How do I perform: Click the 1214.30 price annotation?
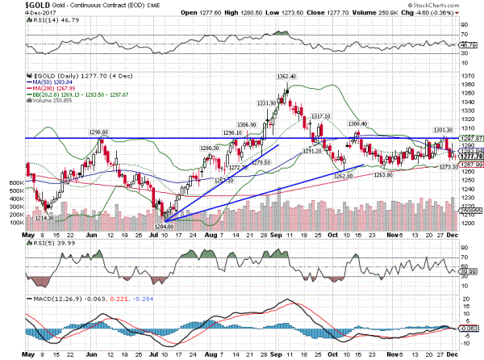pos(44,217)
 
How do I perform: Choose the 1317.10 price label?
pos(321,116)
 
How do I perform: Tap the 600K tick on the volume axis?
pos(15,183)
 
